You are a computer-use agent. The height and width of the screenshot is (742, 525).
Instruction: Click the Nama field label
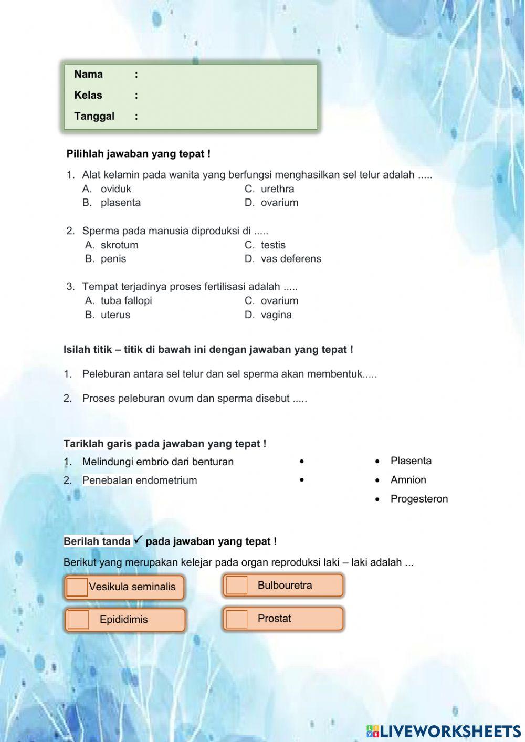coord(88,74)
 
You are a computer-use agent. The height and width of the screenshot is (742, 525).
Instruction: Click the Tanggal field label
coord(94,116)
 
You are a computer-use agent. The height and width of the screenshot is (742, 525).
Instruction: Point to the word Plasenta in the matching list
coord(411,461)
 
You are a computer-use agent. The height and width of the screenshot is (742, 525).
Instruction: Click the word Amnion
coord(408,480)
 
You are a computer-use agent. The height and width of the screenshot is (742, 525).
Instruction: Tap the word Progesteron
coord(419,499)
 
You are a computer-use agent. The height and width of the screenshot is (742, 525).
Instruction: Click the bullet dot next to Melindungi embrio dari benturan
coord(302,462)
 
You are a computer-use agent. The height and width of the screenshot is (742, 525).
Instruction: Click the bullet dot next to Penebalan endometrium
coord(302,480)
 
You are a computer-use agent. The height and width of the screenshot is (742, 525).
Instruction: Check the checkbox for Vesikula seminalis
coord(77,587)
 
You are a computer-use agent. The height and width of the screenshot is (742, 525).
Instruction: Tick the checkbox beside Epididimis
coord(78,620)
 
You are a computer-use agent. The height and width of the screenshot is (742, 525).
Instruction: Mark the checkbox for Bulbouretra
coord(236,586)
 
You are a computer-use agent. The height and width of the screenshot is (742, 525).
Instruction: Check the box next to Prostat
coord(236,619)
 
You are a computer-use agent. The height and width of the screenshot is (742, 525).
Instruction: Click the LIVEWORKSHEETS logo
coord(444,730)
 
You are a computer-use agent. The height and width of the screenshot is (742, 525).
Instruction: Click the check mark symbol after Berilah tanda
coord(139,539)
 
